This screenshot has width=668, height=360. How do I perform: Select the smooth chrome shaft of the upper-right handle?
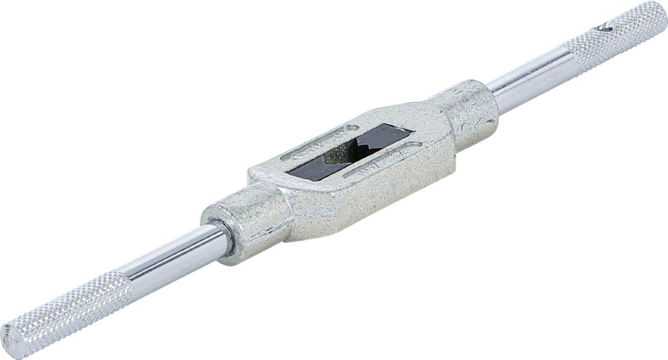528,83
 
